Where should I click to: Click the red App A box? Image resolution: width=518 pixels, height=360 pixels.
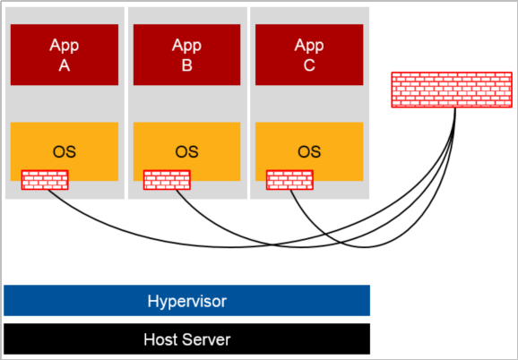[x=65, y=55]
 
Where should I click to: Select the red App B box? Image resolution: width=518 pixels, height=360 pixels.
[x=186, y=55]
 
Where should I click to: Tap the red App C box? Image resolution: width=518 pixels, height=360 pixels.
[x=309, y=55]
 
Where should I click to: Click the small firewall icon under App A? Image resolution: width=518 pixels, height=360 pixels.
[x=45, y=180]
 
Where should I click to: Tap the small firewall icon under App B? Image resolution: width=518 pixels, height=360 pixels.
[x=168, y=180]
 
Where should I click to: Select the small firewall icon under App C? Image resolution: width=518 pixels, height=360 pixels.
[x=289, y=180]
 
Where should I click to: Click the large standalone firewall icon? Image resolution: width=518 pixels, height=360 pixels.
[x=452, y=90]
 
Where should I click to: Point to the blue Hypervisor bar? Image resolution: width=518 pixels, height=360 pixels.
[x=186, y=300]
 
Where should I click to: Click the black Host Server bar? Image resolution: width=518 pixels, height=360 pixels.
[x=186, y=339]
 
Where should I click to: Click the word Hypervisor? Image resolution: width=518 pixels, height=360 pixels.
[x=187, y=302]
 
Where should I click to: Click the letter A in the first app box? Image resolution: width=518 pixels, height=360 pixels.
[x=65, y=65]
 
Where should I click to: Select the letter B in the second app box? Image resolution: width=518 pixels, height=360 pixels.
[x=187, y=65]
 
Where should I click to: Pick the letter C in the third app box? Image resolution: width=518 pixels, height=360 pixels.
[x=309, y=65]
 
